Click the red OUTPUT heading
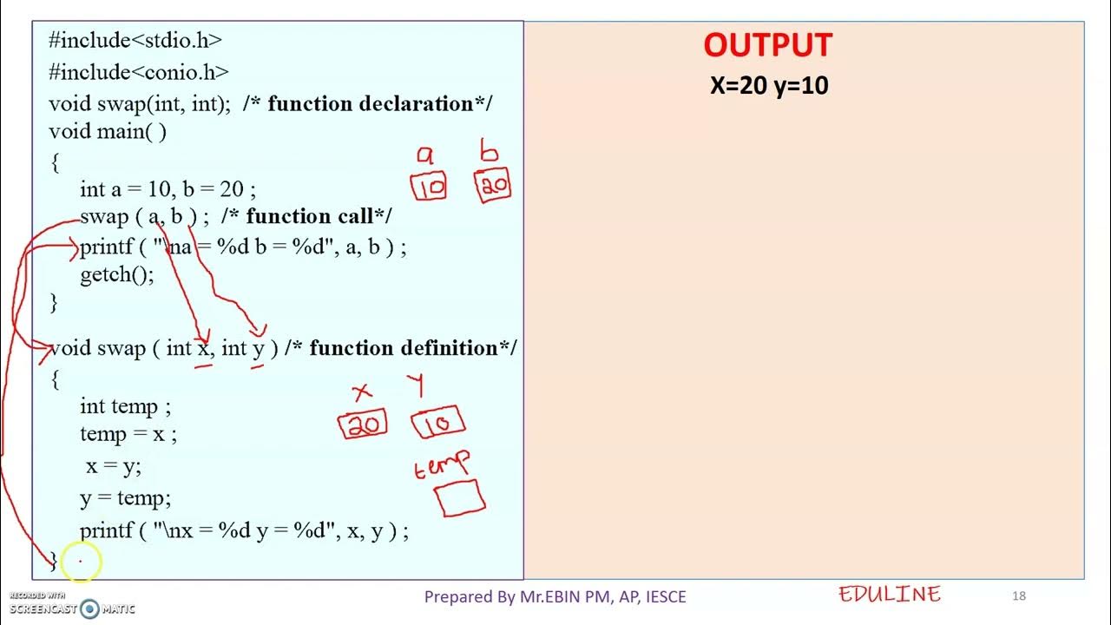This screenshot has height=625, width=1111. coord(767,45)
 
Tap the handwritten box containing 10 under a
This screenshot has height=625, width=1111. coord(429,186)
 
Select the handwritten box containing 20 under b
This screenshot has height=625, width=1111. coord(492,185)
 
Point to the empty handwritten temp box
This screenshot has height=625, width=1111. coord(459,498)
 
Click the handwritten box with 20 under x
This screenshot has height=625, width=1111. coord(363,424)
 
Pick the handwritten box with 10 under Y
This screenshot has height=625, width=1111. coord(438,424)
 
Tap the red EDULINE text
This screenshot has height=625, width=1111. coord(890,595)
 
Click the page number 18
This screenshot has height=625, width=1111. coord(1019,595)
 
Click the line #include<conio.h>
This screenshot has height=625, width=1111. coord(139,71)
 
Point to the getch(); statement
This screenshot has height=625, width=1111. coord(117,275)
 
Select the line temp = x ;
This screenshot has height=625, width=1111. coord(128,434)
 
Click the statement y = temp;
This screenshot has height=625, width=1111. coord(125,498)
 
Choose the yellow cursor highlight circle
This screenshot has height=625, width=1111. coord(82,562)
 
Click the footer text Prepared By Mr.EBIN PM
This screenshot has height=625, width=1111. coord(555,596)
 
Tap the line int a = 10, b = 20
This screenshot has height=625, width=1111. coord(168,189)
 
